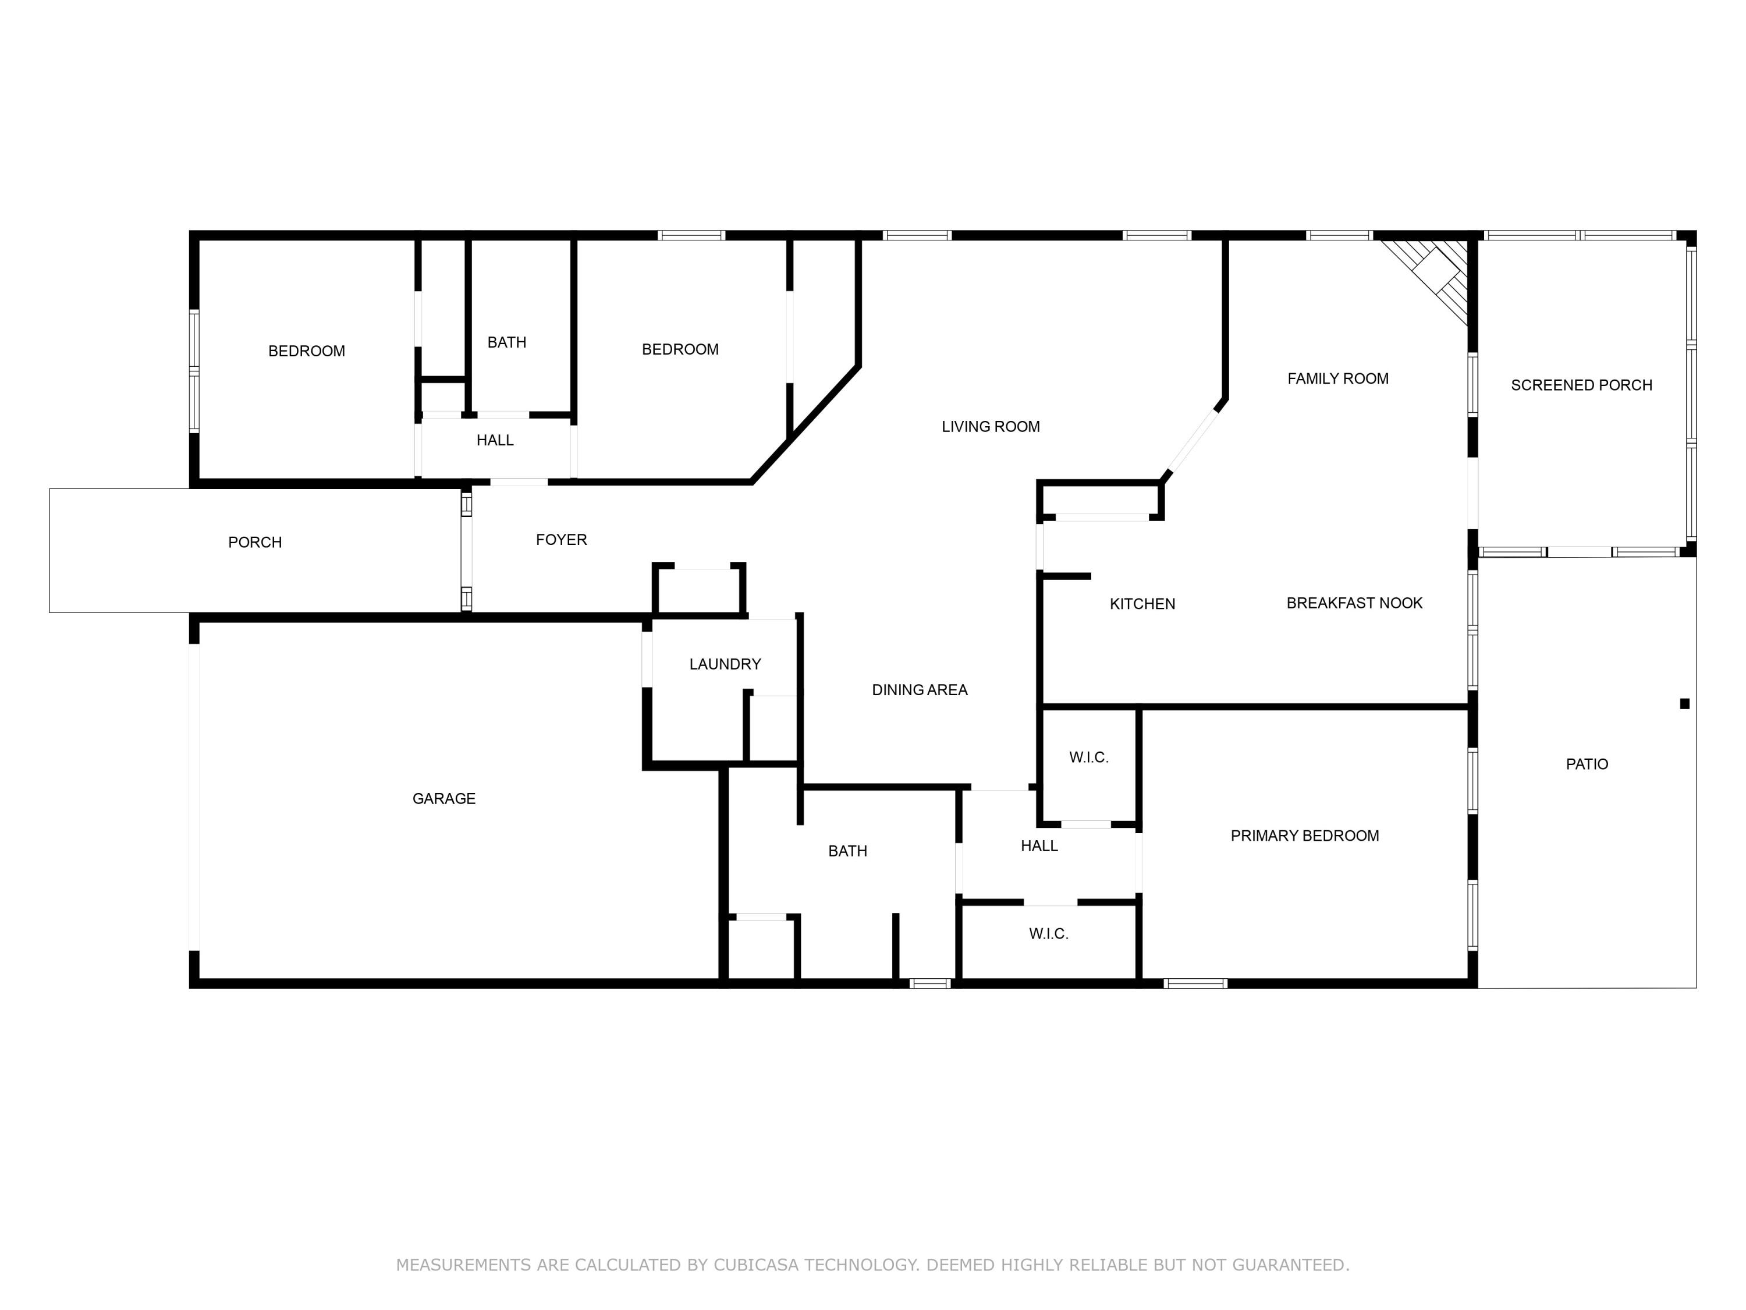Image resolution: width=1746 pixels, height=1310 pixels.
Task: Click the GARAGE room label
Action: pyautogui.click(x=443, y=798)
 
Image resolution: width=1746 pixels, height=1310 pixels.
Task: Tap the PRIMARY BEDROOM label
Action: pyautogui.click(x=1304, y=835)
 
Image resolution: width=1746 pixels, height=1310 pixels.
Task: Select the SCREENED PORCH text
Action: pyautogui.click(x=1581, y=385)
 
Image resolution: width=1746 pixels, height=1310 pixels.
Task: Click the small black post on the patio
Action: pyautogui.click(x=1684, y=703)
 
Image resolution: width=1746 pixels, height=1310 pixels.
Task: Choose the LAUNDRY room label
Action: pyautogui.click(x=725, y=664)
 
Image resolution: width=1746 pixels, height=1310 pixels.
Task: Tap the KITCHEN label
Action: pyautogui.click(x=1142, y=604)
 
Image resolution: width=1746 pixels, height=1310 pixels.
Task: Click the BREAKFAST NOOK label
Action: pyautogui.click(x=1354, y=603)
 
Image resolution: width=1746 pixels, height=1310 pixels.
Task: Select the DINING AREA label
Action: pyautogui.click(x=919, y=690)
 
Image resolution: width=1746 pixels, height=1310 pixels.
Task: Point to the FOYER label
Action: pyautogui.click(x=561, y=540)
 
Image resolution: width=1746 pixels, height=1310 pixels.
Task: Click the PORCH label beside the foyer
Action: pyautogui.click(x=254, y=543)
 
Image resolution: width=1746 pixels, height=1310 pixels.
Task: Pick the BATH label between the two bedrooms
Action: pyautogui.click(x=507, y=343)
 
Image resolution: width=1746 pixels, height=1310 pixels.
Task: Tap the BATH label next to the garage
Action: pyautogui.click(x=847, y=851)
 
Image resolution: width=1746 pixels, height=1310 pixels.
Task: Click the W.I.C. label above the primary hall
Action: pyautogui.click(x=1088, y=757)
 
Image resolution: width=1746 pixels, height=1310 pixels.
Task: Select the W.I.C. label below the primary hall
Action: pyautogui.click(x=1048, y=933)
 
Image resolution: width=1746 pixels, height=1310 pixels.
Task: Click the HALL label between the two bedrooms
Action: pyautogui.click(x=495, y=441)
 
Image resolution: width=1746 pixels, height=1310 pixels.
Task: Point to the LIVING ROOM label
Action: pyautogui.click(x=990, y=427)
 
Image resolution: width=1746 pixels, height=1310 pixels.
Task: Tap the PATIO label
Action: pyautogui.click(x=1587, y=764)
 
